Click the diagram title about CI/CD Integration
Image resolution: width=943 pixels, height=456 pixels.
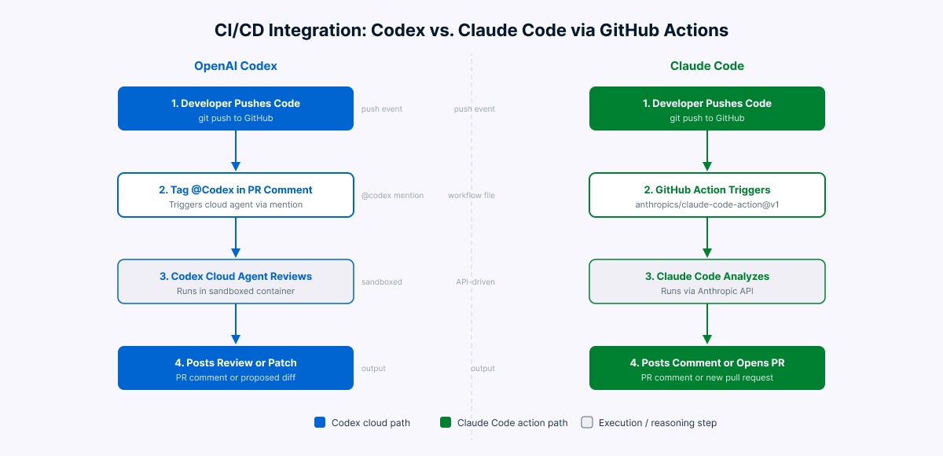coord(472,31)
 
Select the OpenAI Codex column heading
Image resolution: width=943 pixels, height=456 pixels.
coord(236,66)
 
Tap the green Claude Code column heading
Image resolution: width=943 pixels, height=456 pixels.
coord(707,66)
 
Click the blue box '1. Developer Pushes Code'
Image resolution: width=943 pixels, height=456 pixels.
coord(236,108)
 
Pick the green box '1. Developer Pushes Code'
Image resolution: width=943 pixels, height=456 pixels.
coord(707,108)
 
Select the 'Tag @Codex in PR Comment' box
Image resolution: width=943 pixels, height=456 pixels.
coord(236,195)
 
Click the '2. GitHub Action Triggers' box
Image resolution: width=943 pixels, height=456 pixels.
coord(707,195)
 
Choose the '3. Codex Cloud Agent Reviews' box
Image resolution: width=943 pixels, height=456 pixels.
coord(236,281)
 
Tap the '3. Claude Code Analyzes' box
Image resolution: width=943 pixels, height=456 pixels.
coord(707,281)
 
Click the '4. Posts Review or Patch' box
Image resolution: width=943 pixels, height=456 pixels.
coord(236,368)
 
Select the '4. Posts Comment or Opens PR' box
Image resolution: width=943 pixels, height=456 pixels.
coord(707,368)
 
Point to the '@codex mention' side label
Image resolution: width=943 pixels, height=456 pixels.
coord(392,196)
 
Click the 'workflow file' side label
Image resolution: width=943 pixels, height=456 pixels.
coord(472,196)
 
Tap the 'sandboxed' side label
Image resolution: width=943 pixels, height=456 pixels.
coord(382,282)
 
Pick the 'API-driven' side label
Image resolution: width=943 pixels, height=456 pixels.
coord(475,282)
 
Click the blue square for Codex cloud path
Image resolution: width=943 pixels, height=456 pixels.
coord(320,423)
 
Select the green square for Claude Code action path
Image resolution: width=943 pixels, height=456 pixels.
coord(446,423)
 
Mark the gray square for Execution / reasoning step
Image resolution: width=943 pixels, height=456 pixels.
coord(586,423)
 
